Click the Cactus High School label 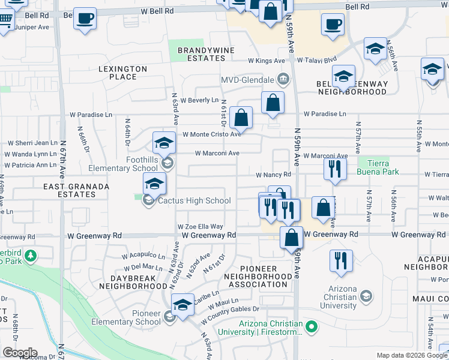[194, 201]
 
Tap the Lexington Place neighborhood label [122, 73]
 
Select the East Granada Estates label [76, 190]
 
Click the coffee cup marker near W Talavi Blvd [332, 25]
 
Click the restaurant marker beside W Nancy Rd [335, 169]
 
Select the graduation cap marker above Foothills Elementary [163, 143]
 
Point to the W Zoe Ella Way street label [200, 227]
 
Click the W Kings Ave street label [266, 61]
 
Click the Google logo [20, 353]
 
